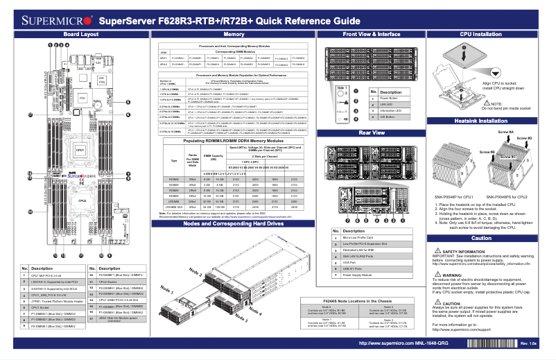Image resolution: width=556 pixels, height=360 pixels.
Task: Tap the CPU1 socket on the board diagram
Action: [x=80, y=151]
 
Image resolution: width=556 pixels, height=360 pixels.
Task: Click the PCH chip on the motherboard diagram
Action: [x=82, y=99]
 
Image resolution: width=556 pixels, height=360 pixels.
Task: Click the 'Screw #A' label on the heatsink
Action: [x=506, y=132]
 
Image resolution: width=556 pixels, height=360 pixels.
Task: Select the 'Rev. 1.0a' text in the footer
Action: [x=529, y=344]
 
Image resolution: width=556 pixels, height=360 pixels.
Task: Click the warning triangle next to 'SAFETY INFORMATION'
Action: [x=435, y=250]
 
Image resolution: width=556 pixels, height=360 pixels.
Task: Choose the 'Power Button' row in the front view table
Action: [x=392, y=98]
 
